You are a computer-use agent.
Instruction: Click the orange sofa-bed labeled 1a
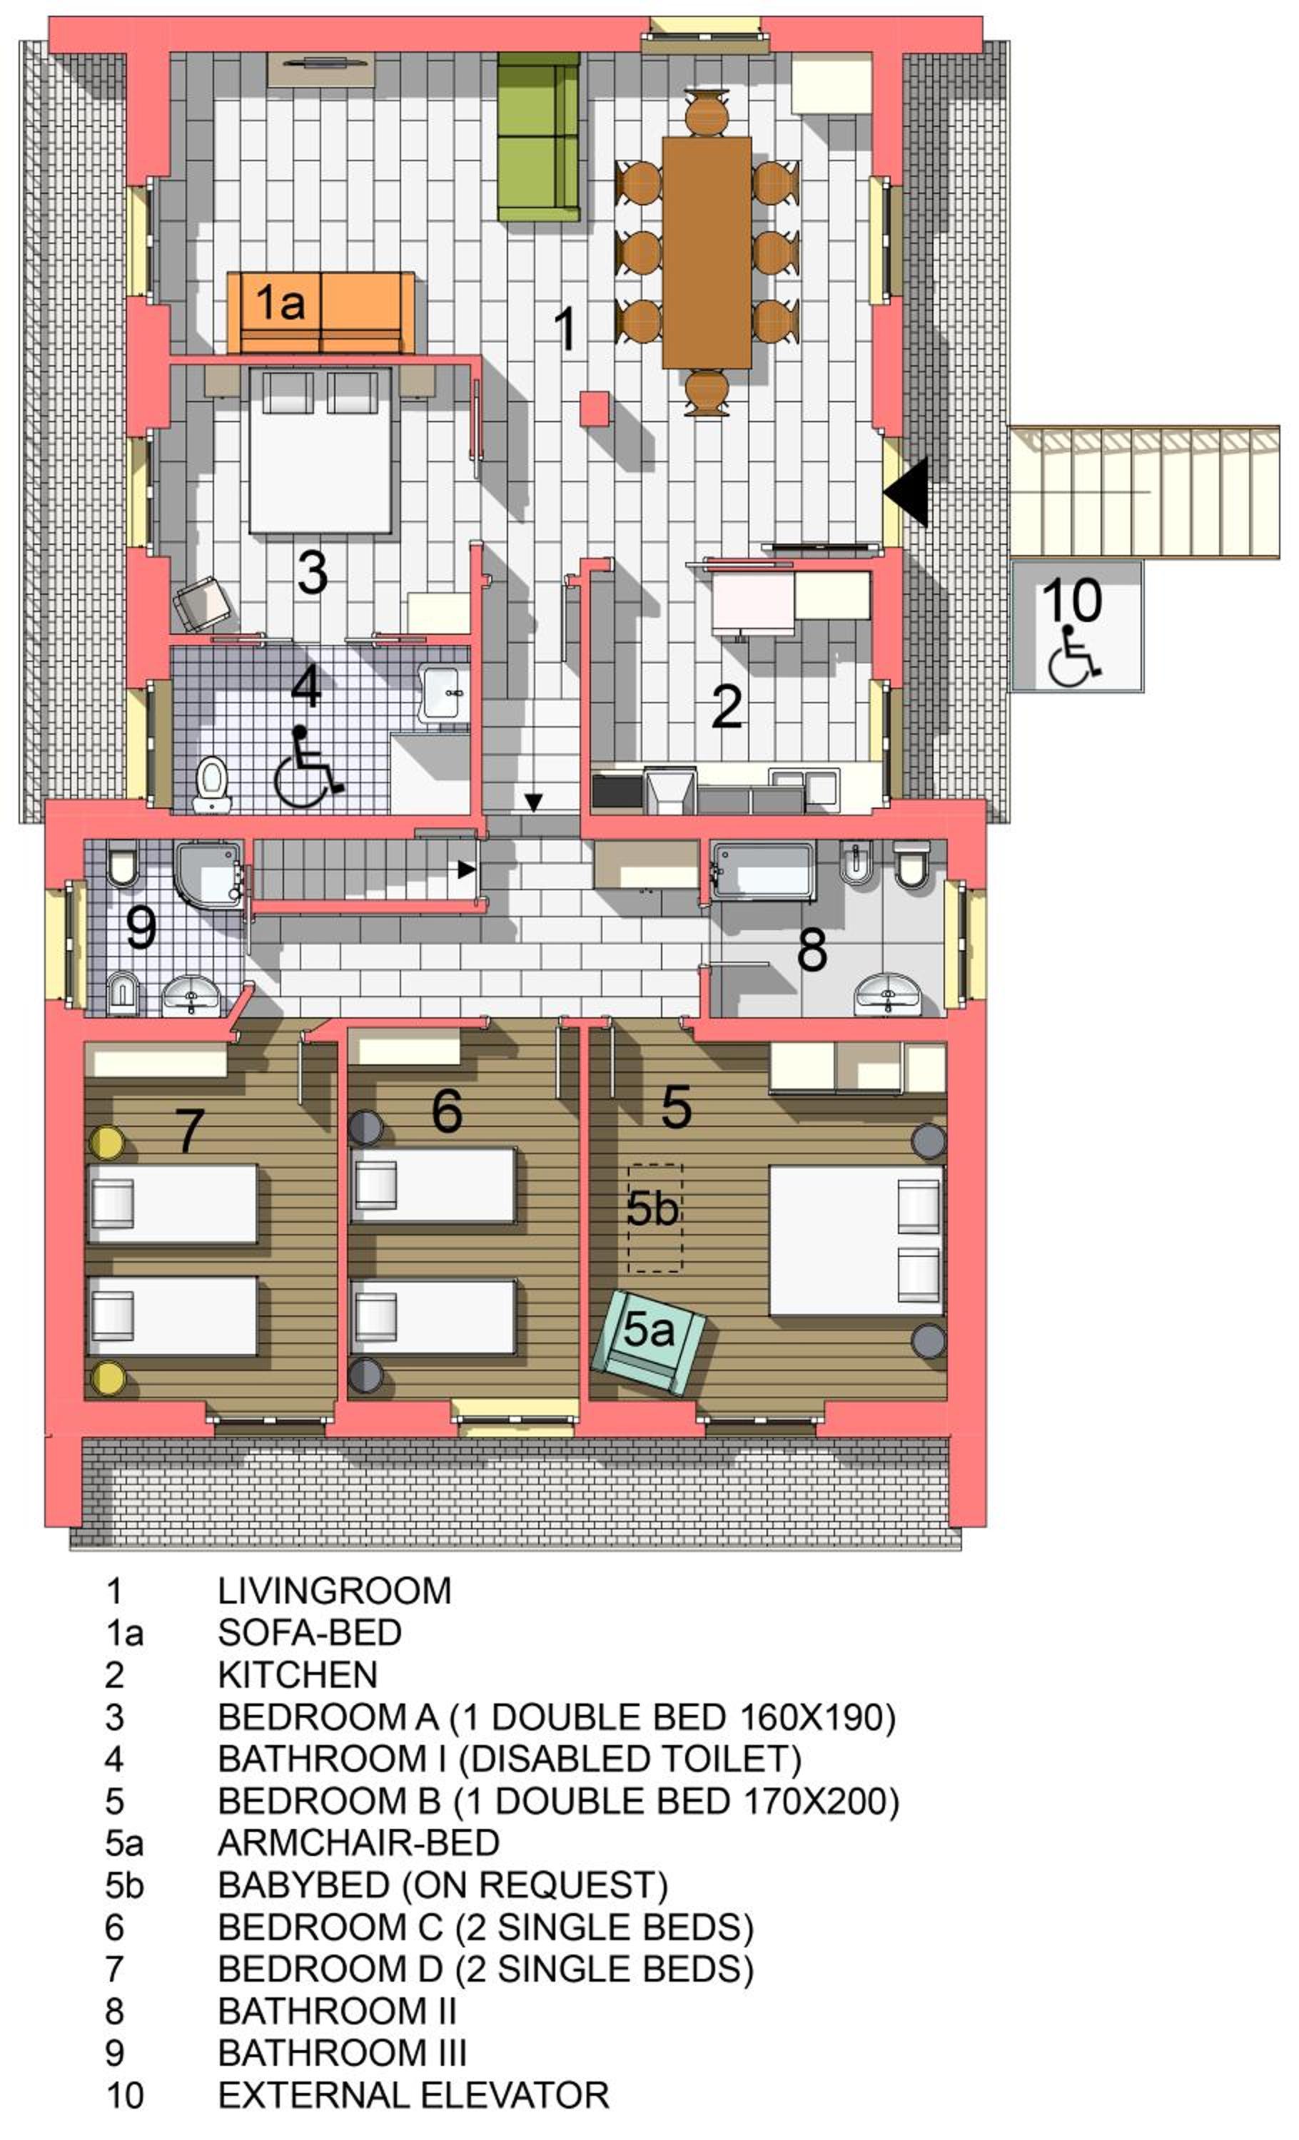click(320, 312)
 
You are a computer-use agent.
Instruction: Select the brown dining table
click(707, 253)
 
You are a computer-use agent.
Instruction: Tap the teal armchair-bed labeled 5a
click(648, 1342)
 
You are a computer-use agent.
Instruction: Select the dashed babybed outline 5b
click(654, 1218)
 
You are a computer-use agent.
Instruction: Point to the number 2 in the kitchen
click(727, 706)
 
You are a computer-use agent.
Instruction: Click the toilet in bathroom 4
click(212, 785)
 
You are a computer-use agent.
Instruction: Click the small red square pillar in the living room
click(595, 408)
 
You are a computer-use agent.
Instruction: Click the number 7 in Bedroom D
click(191, 1131)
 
